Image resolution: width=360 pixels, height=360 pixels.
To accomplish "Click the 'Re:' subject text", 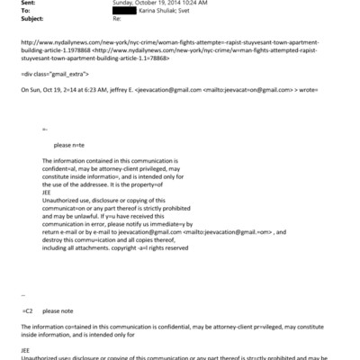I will tap(139, 19).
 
